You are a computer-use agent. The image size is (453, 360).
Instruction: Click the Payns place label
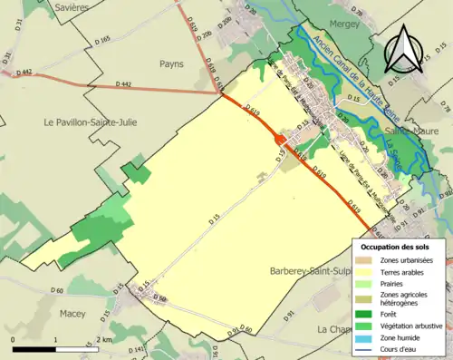[x=172, y=64]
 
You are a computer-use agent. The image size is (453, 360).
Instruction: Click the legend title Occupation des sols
[x=395, y=247]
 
